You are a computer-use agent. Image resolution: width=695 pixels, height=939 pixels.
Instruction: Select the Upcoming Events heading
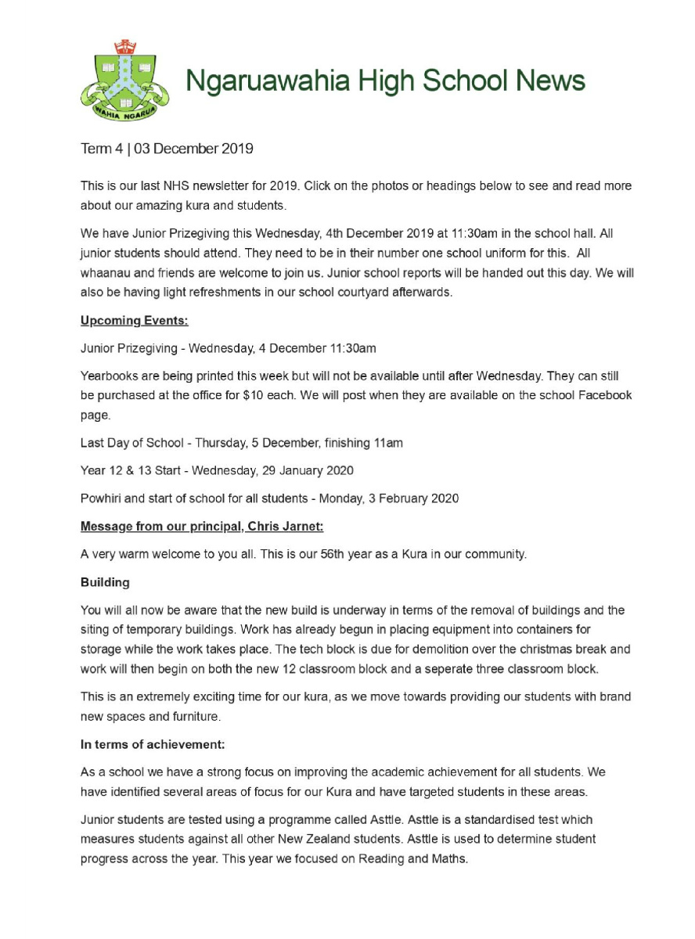point(134,321)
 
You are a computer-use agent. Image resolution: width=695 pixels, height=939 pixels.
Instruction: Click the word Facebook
point(604,396)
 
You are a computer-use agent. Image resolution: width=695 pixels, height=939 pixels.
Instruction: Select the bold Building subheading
point(105,583)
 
